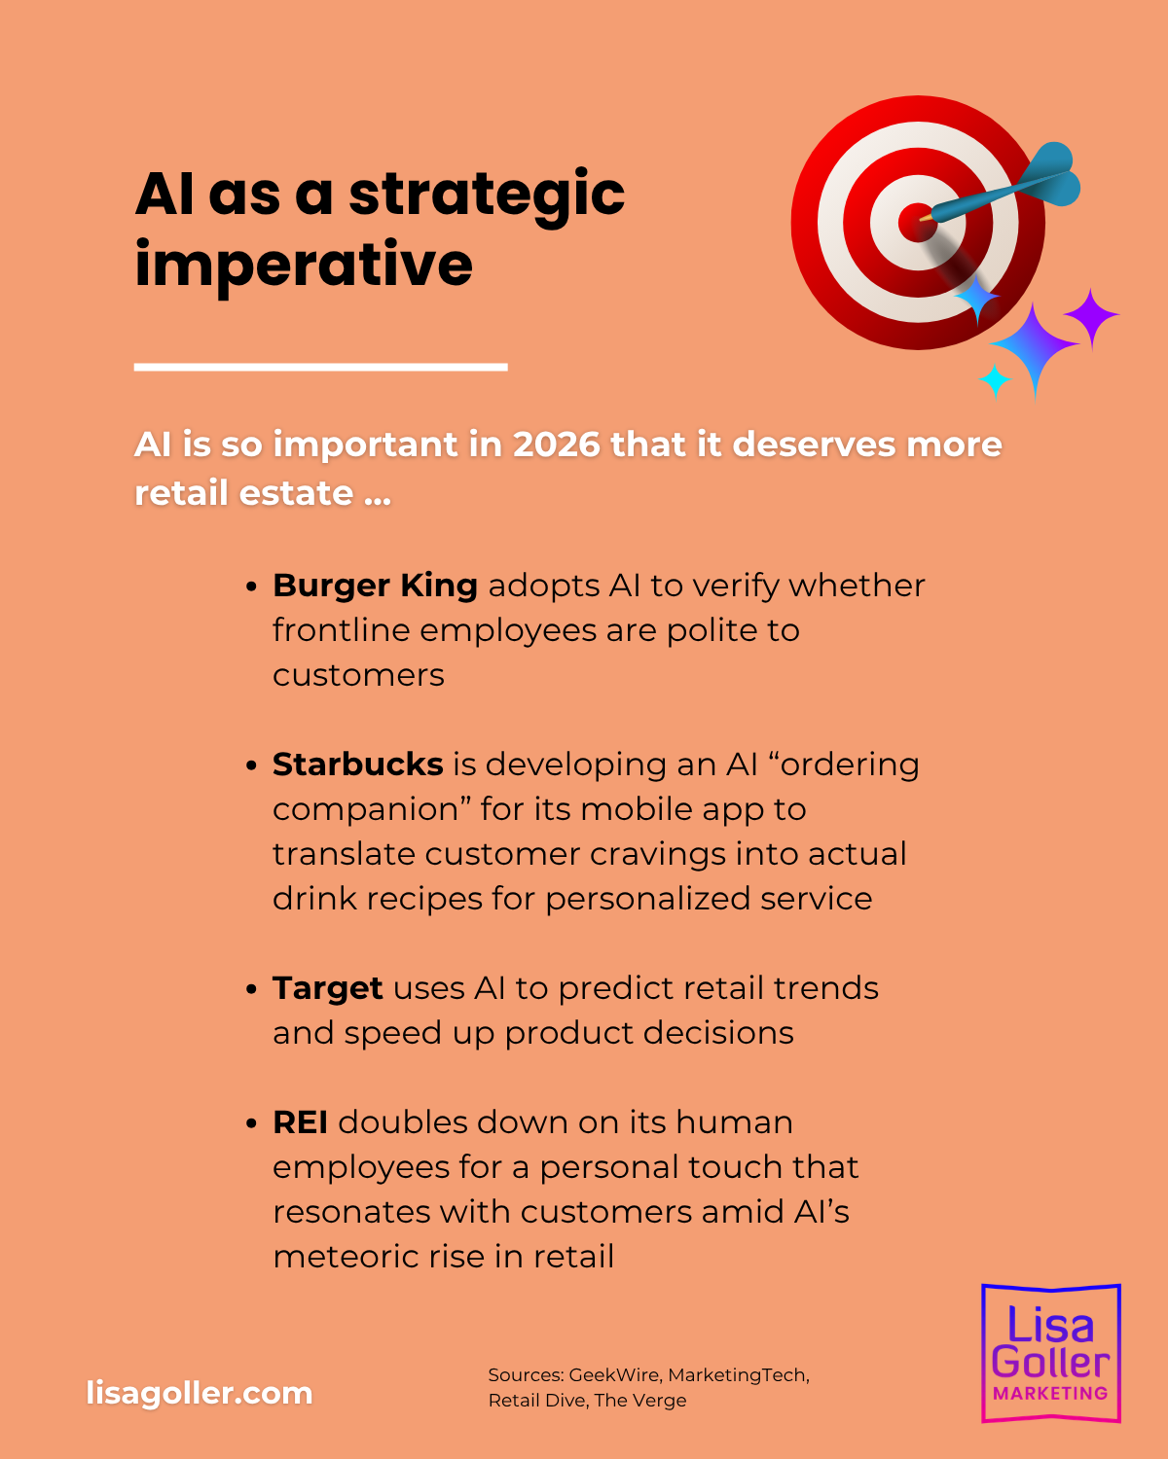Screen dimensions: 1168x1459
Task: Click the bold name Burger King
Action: pyautogui.click(x=376, y=586)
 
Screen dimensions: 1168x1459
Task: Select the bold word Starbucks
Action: pyautogui.click(x=357, y=765)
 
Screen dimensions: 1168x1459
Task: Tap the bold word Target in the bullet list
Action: pyautogui.click(x=328, y=989)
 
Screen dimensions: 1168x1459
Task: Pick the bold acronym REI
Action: pyautogui.click(x=301, y=1122)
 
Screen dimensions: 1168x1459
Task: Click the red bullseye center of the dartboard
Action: pyautogui.click(x=917, y=222)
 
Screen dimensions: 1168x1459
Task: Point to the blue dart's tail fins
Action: pyautogui.click(x=1048, y=173)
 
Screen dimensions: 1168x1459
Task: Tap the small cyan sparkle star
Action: pyautogui.click(x=995, y=380)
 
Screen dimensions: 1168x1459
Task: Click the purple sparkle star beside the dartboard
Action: pyautogui.click(x=1091, y=316)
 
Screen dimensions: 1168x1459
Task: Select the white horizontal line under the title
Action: pyautogui.click(x=320, y=367)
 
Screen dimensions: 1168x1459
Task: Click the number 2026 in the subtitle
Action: pyautogui.click(x=557, y=445)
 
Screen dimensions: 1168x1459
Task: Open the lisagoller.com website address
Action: pyautogui.click(x=200, y=1393)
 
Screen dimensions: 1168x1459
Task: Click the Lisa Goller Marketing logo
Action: pyautogui.click(x=1050, y=1353)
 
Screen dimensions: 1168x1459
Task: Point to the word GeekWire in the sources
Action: pyautogui.click(x=614, y=1375)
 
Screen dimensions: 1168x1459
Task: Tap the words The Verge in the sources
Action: pyautogui.click(x=640, y=1400)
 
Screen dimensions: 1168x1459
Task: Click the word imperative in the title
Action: pyautogui.click(x=304, y=266)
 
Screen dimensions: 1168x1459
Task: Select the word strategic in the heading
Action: pyautogui.click(x=487, y=196)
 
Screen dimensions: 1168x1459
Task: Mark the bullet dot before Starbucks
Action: pyautogui.click(x=251, y=765)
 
